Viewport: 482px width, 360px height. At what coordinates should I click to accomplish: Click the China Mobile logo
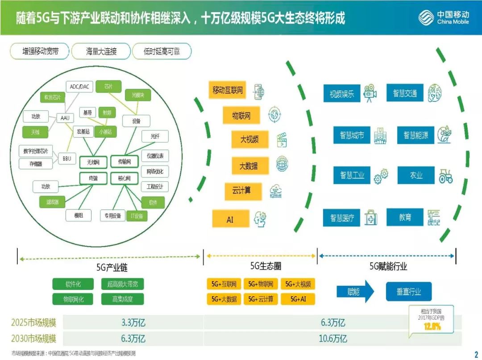tap(444, 18)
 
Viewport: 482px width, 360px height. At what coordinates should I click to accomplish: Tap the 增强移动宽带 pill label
tap(40, 51)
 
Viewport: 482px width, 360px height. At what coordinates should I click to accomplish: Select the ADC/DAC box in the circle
tap(79, 87)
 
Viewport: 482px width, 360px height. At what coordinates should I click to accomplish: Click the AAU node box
tap(65, 118)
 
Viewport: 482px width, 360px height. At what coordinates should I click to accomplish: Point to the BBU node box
tap(66, 158)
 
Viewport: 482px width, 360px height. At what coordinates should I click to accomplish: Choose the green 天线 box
tap(35, 132)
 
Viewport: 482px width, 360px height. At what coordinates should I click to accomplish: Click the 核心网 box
tap(124, 178)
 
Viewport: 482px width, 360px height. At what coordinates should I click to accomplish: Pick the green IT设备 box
tap(137, 216)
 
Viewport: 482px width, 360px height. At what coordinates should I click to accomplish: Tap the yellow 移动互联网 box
tap(228, 90)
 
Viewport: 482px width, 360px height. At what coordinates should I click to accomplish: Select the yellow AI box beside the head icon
tap(230, 219)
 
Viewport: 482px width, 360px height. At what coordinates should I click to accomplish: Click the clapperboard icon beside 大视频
tap(282, 140)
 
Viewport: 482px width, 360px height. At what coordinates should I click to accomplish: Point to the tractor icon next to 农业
tap(445, 176)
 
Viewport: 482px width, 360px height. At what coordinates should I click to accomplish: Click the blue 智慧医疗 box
tap(342, 218)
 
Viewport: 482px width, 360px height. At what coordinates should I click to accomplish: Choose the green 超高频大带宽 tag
tap(122, 284)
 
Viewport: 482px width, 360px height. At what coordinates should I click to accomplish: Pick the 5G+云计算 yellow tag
tap(261, 299)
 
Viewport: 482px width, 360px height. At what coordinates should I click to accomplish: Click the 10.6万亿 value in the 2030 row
tap(332, 338)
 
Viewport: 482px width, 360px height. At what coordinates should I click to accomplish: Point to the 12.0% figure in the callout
tap(432, 326)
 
